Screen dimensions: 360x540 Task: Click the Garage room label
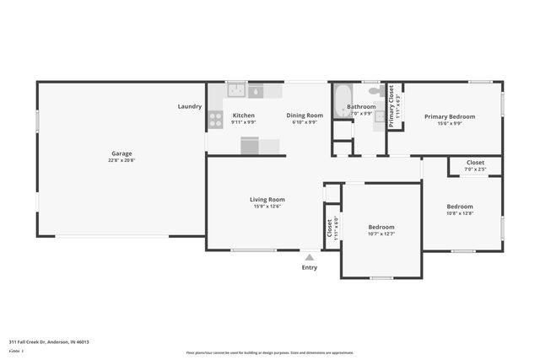tap(121, 153)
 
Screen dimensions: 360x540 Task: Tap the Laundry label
tap(190, 106)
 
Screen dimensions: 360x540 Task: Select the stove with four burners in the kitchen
tap(215, 119)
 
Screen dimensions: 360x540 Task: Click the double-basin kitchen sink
tap(235, 89)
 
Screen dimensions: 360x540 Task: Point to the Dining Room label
tap(305, 116)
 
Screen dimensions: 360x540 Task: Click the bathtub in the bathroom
tap(342, 101)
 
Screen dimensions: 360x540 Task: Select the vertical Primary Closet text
tap(392, 108)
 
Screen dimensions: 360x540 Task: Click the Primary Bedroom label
tap(449, 116)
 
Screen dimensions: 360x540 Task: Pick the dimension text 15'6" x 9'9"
tap(449, 123)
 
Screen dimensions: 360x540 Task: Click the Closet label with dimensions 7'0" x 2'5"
tap(475, 162)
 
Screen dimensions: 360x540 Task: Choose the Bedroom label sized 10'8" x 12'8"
tap(460, 207)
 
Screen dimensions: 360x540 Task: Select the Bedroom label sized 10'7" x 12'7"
tap(381, 227)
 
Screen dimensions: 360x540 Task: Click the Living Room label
tap(267, 200)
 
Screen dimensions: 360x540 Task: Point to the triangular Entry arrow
tap(310, 256)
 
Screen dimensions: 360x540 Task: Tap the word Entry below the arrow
tap(310, 267)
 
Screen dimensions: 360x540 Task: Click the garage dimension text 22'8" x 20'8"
tap(121, 160)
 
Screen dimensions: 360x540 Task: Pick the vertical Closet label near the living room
tap(329, 228)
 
